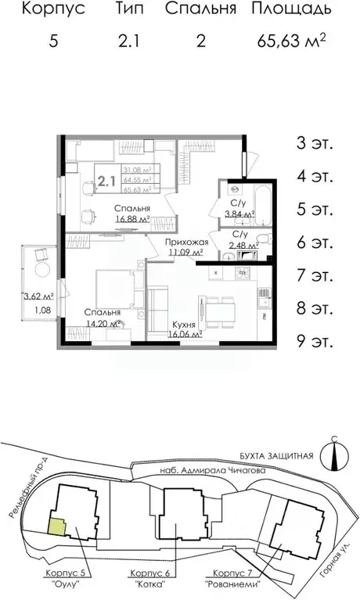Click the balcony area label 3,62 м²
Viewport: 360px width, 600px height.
click(37, 297)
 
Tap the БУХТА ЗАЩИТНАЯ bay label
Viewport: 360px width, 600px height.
click(276, 456)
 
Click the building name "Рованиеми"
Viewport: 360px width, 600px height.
click(233, 584)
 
